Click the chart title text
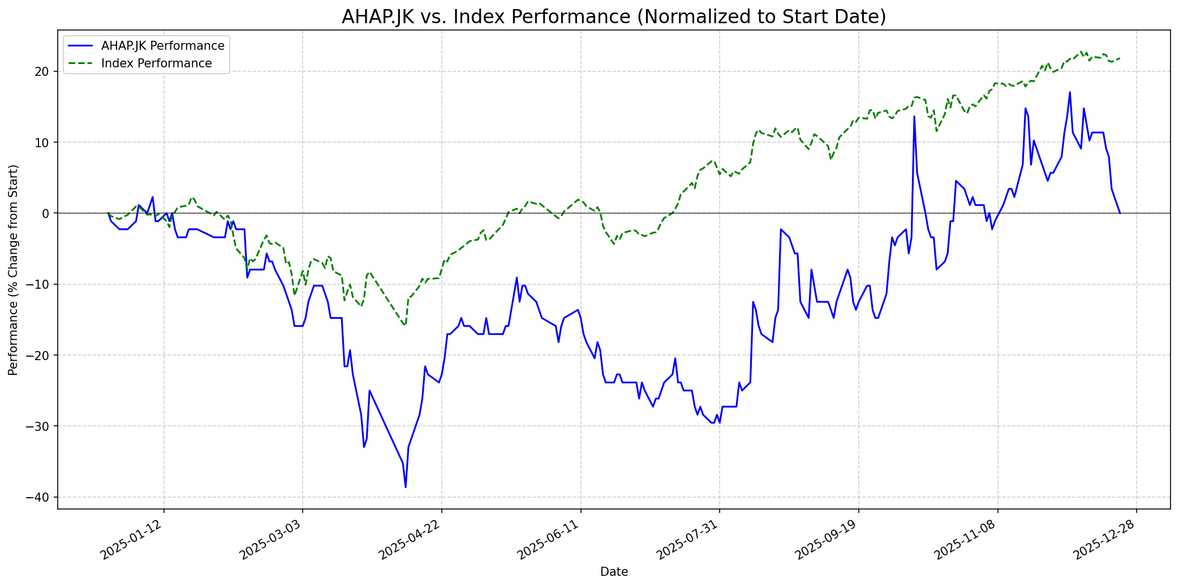(x=614, y=17)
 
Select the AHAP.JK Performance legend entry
(x=162, y=46)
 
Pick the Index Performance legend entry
(x=156, y=63)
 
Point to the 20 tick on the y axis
(x=44, y=71)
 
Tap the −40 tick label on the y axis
(x=40, y=497)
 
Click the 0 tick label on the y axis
(x=48, y=213)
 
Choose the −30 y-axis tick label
(x=40, y=426)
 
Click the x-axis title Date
(x=614, y=572)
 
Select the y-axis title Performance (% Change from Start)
(x=14, y=270)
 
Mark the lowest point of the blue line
(x=406, y=487)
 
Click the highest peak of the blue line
(x=1070, y=92)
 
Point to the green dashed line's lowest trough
(x=405, y=326)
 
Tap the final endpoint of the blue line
(x=1120, y=213)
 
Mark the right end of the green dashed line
(x=1120, y=58)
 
